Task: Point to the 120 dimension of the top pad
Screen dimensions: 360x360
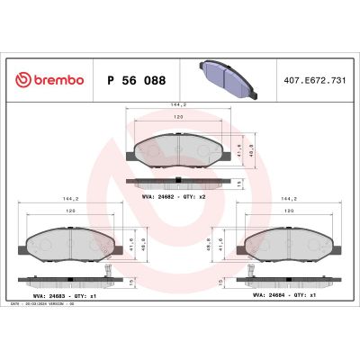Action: pyautogui.click(x=179, y=117)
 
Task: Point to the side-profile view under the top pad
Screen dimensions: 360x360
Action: pyautogui.click(x=179, y=182)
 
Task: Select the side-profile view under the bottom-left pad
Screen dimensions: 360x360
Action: pyautogui.click(x=68, y=278)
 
